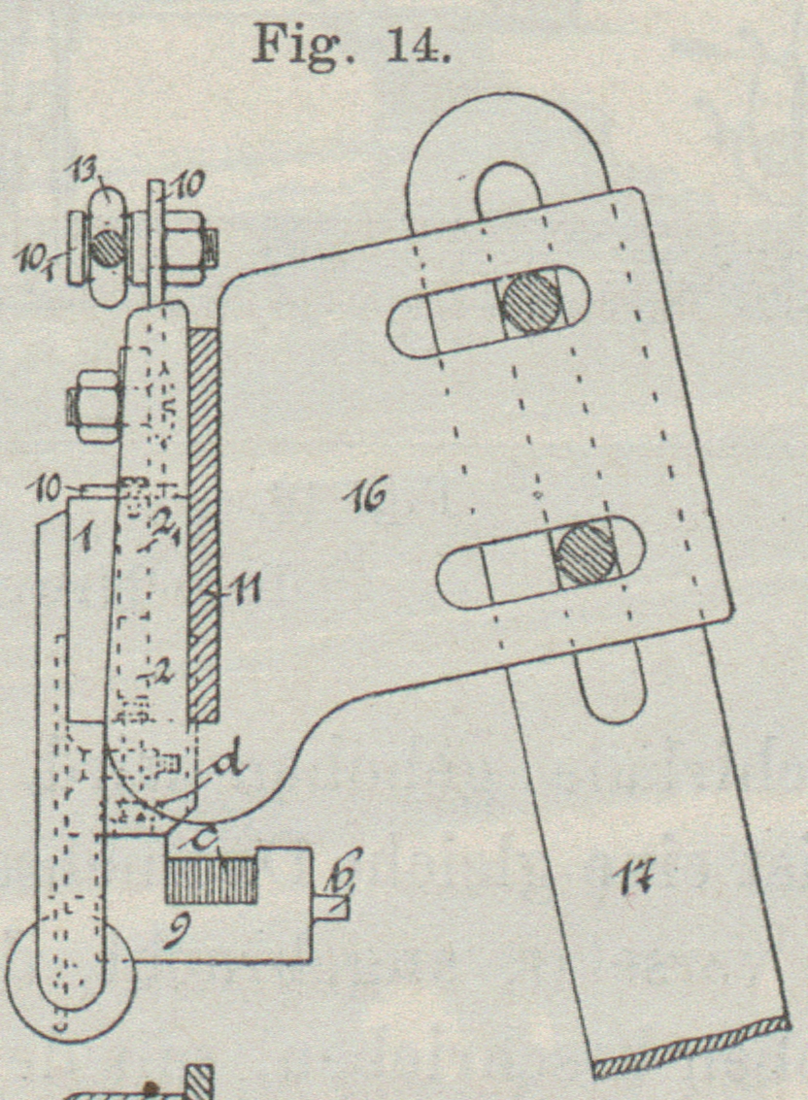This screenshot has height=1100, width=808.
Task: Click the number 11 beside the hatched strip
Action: (x=240, y=587)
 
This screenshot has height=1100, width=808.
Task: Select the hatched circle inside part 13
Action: (x=107, y=247)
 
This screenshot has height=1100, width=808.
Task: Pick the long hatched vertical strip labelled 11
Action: (x=204, y=524)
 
